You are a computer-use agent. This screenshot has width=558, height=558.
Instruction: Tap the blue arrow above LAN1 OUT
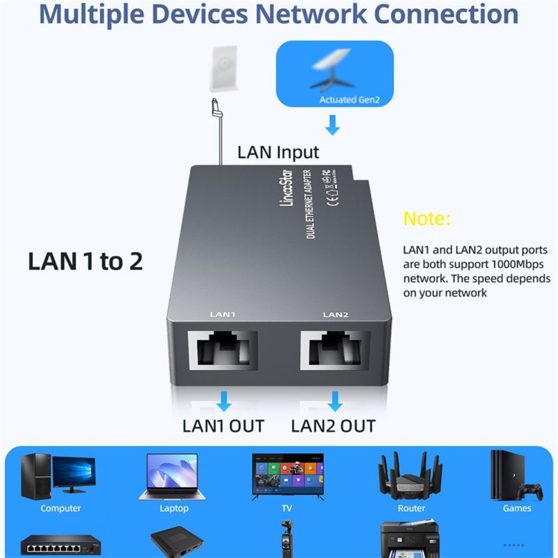click(224, 402)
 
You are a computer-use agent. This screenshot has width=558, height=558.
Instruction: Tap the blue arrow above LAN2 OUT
click(335, 402)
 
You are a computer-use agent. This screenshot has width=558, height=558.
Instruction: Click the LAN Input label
click(278, 153)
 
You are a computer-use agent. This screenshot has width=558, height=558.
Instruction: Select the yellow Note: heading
click(427, 219)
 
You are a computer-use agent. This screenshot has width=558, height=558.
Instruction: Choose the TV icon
click(287, 476)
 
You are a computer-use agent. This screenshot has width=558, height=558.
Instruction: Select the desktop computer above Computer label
click(58, 476)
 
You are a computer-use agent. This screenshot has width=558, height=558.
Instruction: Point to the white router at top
click(223, 68)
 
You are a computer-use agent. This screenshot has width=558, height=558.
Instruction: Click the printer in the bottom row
click(410, 539)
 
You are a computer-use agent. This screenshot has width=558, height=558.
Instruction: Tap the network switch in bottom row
click(60, 545)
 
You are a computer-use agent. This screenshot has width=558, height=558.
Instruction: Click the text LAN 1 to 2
click(86, 262)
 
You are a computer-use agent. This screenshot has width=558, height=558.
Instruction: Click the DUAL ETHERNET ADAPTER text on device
click(311, 205)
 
